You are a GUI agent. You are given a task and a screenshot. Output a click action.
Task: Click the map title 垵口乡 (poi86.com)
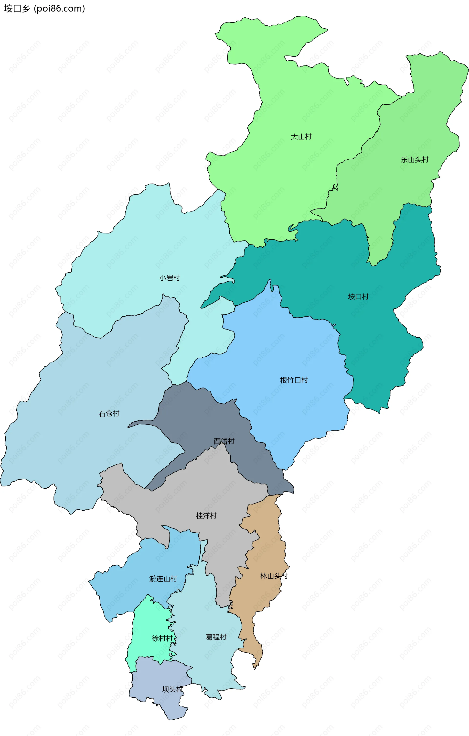[44, 9]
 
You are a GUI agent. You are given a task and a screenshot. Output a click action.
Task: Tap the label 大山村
[301, 137]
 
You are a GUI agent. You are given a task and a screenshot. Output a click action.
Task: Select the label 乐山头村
[414, 160]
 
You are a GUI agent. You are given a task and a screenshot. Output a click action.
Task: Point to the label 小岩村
[170, 278]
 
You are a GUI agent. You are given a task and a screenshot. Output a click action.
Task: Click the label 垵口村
[358, 297]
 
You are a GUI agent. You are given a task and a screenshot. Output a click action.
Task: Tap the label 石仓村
[109, 414]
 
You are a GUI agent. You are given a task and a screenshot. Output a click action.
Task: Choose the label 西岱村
[224, 441]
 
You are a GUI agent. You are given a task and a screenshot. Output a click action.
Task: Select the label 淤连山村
[163, 579]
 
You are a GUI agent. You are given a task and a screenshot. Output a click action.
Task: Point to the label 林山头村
[274, 576]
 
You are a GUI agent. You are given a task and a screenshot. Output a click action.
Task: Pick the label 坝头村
[172, 689]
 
